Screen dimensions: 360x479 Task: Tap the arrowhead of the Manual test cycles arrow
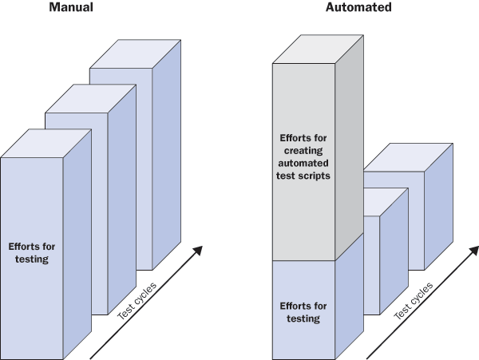tap(196, 251)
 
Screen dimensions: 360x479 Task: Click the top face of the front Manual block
tap(46, 144)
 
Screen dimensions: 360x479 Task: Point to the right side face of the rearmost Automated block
tap(439, 208)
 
